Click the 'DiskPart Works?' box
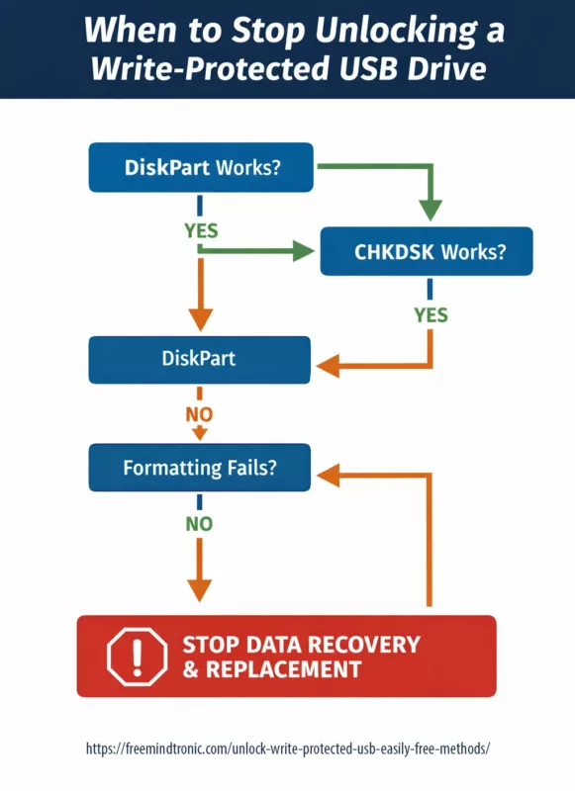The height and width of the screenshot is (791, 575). (x=201, y=167)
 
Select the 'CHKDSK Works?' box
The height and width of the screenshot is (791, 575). (x=427, y=251)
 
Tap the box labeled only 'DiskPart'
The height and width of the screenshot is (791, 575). (x=199, y=359)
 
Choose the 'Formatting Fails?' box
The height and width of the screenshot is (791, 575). (x=199, y=467)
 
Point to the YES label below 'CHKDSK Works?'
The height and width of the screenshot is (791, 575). (x=431, y=315)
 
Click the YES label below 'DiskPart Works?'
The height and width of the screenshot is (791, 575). (x=201, y=230)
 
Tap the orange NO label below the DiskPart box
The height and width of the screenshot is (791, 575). (x=200, y=413)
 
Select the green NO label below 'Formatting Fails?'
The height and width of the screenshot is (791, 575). (x=200, y=524)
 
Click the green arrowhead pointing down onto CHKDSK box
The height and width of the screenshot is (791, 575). (x=430, y=210)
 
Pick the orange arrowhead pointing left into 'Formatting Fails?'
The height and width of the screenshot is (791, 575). (x=327, y=476)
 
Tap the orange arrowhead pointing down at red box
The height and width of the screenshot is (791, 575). (x=200, y=590)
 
